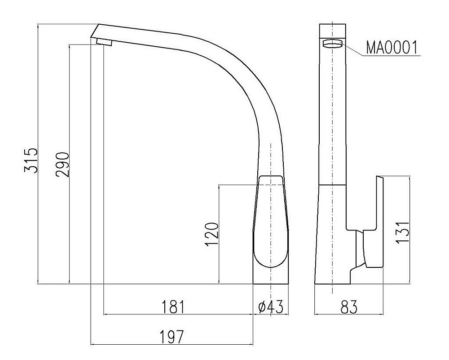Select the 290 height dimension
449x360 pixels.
(x=62, y=164)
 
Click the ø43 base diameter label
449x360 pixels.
(x=271, y=307)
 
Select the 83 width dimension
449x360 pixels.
(x=348, y=307)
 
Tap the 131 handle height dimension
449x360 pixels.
(x=403, y=231)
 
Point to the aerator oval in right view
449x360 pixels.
(x=332, y=44)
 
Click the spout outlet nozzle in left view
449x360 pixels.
(x=104, y=42)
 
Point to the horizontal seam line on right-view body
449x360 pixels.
(x=332, y=185)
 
